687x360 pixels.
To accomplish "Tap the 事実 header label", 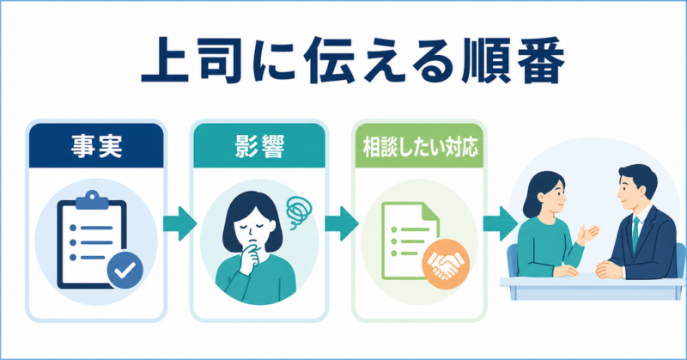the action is pyautogui.click(x=96, y=146).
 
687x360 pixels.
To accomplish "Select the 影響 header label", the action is pyautogui.click(x=259, y=146).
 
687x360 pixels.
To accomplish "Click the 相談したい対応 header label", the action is pyautogui.click(x=420, y=148).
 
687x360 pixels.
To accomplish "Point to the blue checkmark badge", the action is pyautogui.click(x=125, y=270).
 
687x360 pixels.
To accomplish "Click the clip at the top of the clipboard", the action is pyautogui.click(x=92, y=200).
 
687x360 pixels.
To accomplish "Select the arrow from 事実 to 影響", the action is pyautogui.click(x=179, y=223).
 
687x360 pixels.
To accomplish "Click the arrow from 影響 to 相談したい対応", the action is pyautogui.click(x=341, y=223).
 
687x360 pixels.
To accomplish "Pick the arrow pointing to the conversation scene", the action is pyautogui.click(x=501, y=223).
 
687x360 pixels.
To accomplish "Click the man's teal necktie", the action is pyautogui.click(x=635, y=235).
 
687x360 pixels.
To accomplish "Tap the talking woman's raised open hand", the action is pyautogui.click(x=588, y=235).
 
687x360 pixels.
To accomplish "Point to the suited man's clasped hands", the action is pyautogui.click(x=609, y=269).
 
